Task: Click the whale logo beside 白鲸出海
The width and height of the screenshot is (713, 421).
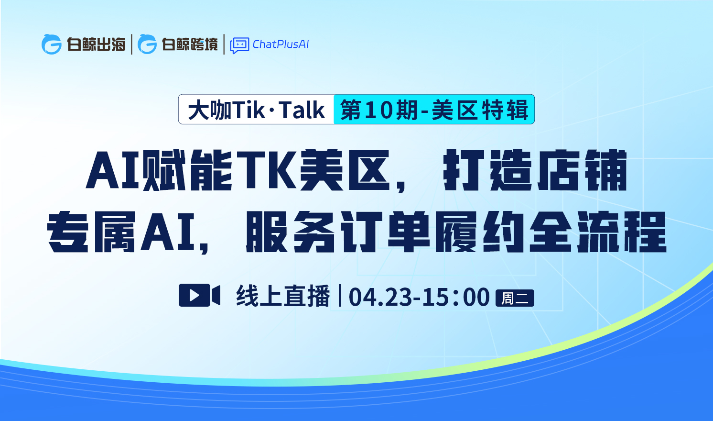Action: point(51,44)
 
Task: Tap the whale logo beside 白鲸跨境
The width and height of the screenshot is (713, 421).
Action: point(147,44)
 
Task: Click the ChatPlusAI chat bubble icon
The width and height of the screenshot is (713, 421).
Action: point(239,45)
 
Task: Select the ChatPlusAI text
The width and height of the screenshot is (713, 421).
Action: point(281,44)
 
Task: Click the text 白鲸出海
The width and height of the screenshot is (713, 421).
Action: point(96,44)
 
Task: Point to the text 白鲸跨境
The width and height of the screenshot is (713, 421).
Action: point(190,44)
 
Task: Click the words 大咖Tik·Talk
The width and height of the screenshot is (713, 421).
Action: point(256,110)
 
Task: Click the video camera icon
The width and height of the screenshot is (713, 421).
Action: point(199,295)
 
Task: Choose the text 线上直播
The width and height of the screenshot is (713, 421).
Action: point(283,296)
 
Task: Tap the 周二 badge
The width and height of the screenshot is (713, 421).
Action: point(515,298)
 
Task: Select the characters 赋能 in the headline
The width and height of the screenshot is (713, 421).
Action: point(187,170)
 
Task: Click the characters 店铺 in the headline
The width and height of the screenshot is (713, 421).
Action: point(582,170)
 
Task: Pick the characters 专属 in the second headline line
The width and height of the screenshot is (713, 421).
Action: point(91,232)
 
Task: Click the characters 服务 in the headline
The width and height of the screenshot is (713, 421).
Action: point(291,232)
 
